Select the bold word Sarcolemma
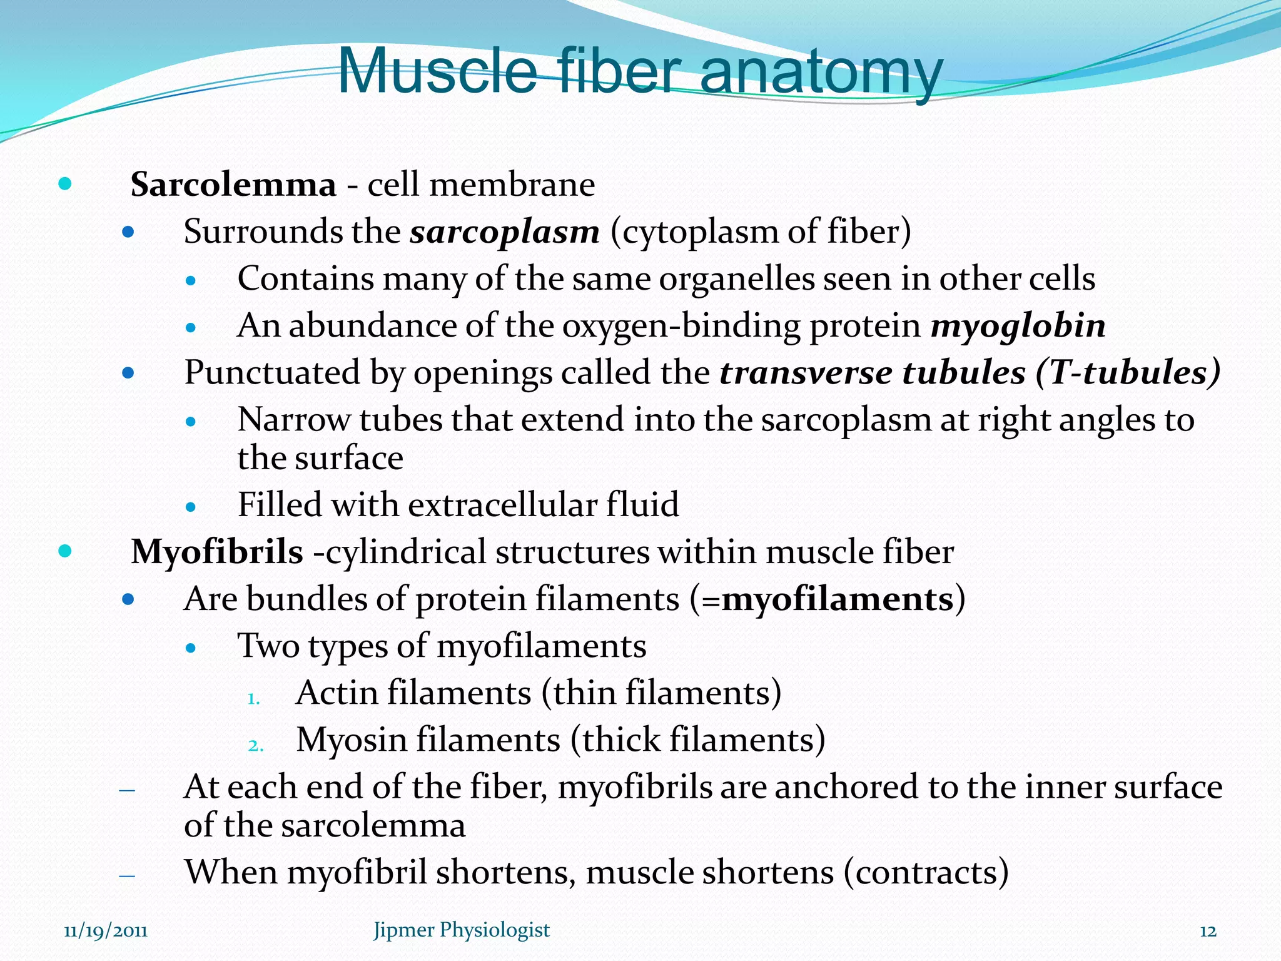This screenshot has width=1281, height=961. [233, 185]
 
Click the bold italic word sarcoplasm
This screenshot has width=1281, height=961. [505, 232]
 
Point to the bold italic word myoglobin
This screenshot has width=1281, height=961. [1018, 326]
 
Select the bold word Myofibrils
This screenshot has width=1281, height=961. [217, 552]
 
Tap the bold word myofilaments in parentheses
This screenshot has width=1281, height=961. [838, 599]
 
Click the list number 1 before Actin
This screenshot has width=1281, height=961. [253, 699]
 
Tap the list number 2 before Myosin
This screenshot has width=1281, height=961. [255, 746]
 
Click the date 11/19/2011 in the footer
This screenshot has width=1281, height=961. [106, 931]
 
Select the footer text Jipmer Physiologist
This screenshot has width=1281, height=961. [462, 930]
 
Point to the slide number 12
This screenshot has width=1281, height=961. [1208, 932]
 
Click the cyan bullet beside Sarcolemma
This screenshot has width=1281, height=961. [64, 184]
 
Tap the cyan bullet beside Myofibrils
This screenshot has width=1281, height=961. [64, 551]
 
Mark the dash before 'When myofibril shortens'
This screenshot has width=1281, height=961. [127, 875]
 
